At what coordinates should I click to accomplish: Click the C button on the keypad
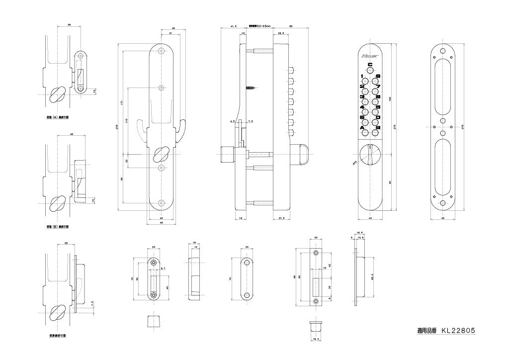(x=370, y=71)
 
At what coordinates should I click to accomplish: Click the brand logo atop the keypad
(x=370, y=56)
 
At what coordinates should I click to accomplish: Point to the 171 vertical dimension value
(x=122, y=103)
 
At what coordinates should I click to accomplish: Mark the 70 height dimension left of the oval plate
(x=231, y=279)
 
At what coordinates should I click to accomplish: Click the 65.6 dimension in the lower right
(x=372, y=278)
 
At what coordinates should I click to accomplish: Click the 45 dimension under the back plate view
(x=161, y=222)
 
